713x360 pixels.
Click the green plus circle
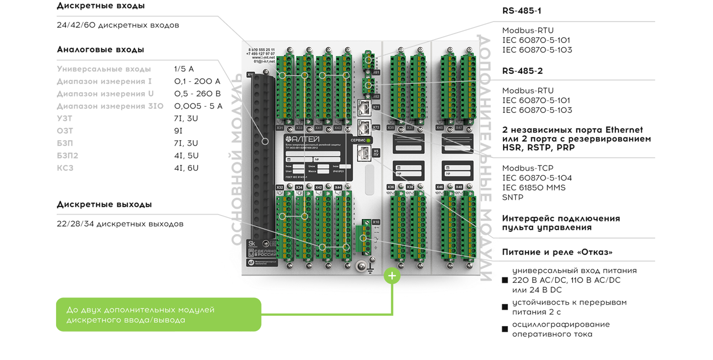click(392, 276)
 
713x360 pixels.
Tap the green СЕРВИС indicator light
click(368, 140)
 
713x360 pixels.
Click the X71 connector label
click(376, 107)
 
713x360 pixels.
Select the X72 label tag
click(376, 127)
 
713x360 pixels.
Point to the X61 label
click(376, 72)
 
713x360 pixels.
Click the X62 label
click(376, 97)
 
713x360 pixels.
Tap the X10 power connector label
click(376, 222)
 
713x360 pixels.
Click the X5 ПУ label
click(376, 153)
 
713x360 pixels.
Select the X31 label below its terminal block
click(280, 128)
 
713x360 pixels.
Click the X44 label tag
click(338, 188)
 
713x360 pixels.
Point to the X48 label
click(459, 187)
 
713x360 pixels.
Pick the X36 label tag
click(390, 187)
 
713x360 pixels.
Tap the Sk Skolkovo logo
click(252, 244)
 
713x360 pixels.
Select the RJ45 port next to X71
click(364, 107)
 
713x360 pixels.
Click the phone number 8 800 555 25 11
click(261, 50)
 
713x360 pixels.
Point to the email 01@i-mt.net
click(264, 62)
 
